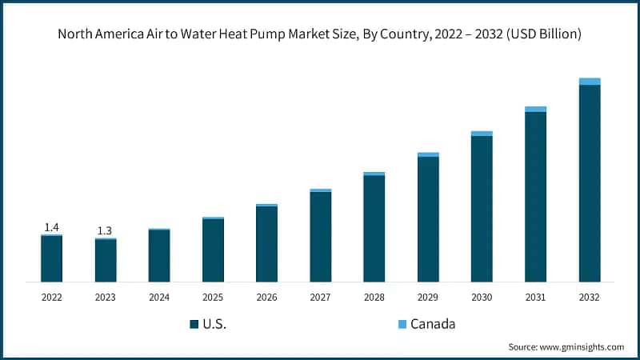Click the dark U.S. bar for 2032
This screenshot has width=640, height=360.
point(590,183)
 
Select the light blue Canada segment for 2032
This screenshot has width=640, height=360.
point(590,81)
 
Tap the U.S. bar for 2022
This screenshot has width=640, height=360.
point(52,258)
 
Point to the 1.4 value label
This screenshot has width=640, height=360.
point(51,227)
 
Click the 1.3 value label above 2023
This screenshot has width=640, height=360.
point(105,230)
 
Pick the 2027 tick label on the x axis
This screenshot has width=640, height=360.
point(321,297)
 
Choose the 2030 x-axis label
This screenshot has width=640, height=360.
point(482,297)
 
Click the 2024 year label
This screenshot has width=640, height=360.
point(159,297)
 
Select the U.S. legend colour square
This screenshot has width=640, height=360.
point(194,324)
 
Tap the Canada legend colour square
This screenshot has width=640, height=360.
point(402,324)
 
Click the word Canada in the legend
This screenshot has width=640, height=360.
point(433,324)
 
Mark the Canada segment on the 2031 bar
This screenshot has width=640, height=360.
point(535,109)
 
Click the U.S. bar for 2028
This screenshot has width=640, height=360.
point(374,229)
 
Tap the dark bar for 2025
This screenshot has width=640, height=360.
point(213,250)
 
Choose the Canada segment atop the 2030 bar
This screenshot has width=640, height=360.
point(482,134)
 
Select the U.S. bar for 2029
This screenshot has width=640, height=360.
point(428,219)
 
